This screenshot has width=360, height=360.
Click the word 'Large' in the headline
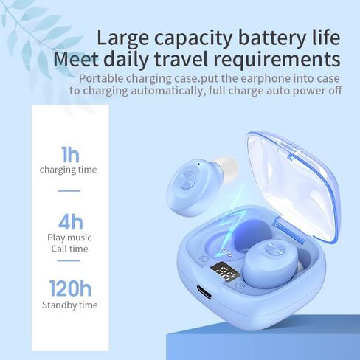click(122, 38)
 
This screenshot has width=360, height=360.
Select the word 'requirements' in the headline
click(277, 60)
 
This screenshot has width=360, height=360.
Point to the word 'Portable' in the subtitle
click(101, 78)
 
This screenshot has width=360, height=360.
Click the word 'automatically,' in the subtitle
click(168, 91)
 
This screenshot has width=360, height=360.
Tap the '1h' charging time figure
click(70, 154)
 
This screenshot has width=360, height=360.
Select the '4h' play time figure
click(71, 222)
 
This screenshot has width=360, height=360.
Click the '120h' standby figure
click(70, 288)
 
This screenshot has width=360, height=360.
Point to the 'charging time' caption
click(69, 170)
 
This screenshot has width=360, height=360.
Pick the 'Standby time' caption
click(70, 305)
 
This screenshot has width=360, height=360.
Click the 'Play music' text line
click(69, 238)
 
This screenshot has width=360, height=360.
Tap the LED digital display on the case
click(226, 272)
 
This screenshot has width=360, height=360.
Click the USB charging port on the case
click(204, 292)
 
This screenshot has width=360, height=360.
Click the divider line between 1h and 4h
click(69, 191)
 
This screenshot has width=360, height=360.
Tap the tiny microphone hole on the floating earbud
click(198, 163)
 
